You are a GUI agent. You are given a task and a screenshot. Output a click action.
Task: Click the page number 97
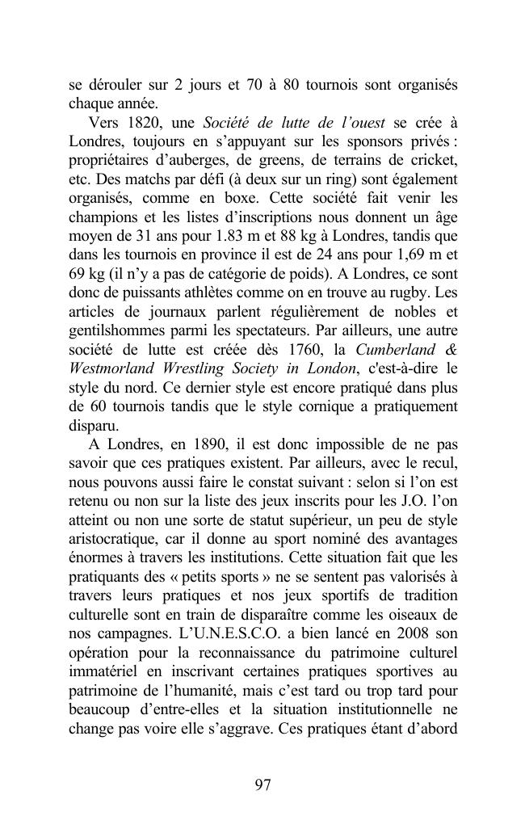pos(262,786)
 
